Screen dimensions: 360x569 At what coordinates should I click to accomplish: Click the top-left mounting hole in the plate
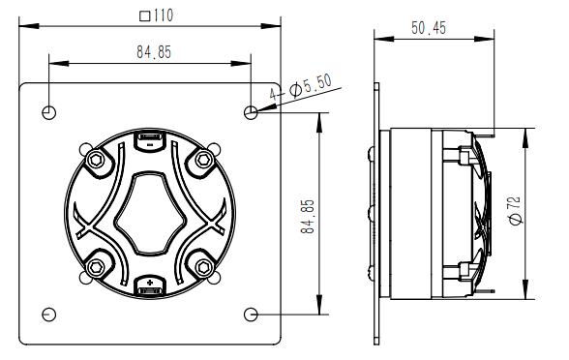48,113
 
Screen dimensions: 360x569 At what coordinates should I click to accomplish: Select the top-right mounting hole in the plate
252,113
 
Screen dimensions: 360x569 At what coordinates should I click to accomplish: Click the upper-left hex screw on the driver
96,159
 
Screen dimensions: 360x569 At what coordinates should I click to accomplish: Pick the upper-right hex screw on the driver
204,159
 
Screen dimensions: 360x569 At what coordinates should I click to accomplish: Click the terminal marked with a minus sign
150,140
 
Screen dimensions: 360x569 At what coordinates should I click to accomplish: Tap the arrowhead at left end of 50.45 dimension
380,40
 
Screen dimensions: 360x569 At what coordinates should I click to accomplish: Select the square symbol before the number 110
143,15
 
